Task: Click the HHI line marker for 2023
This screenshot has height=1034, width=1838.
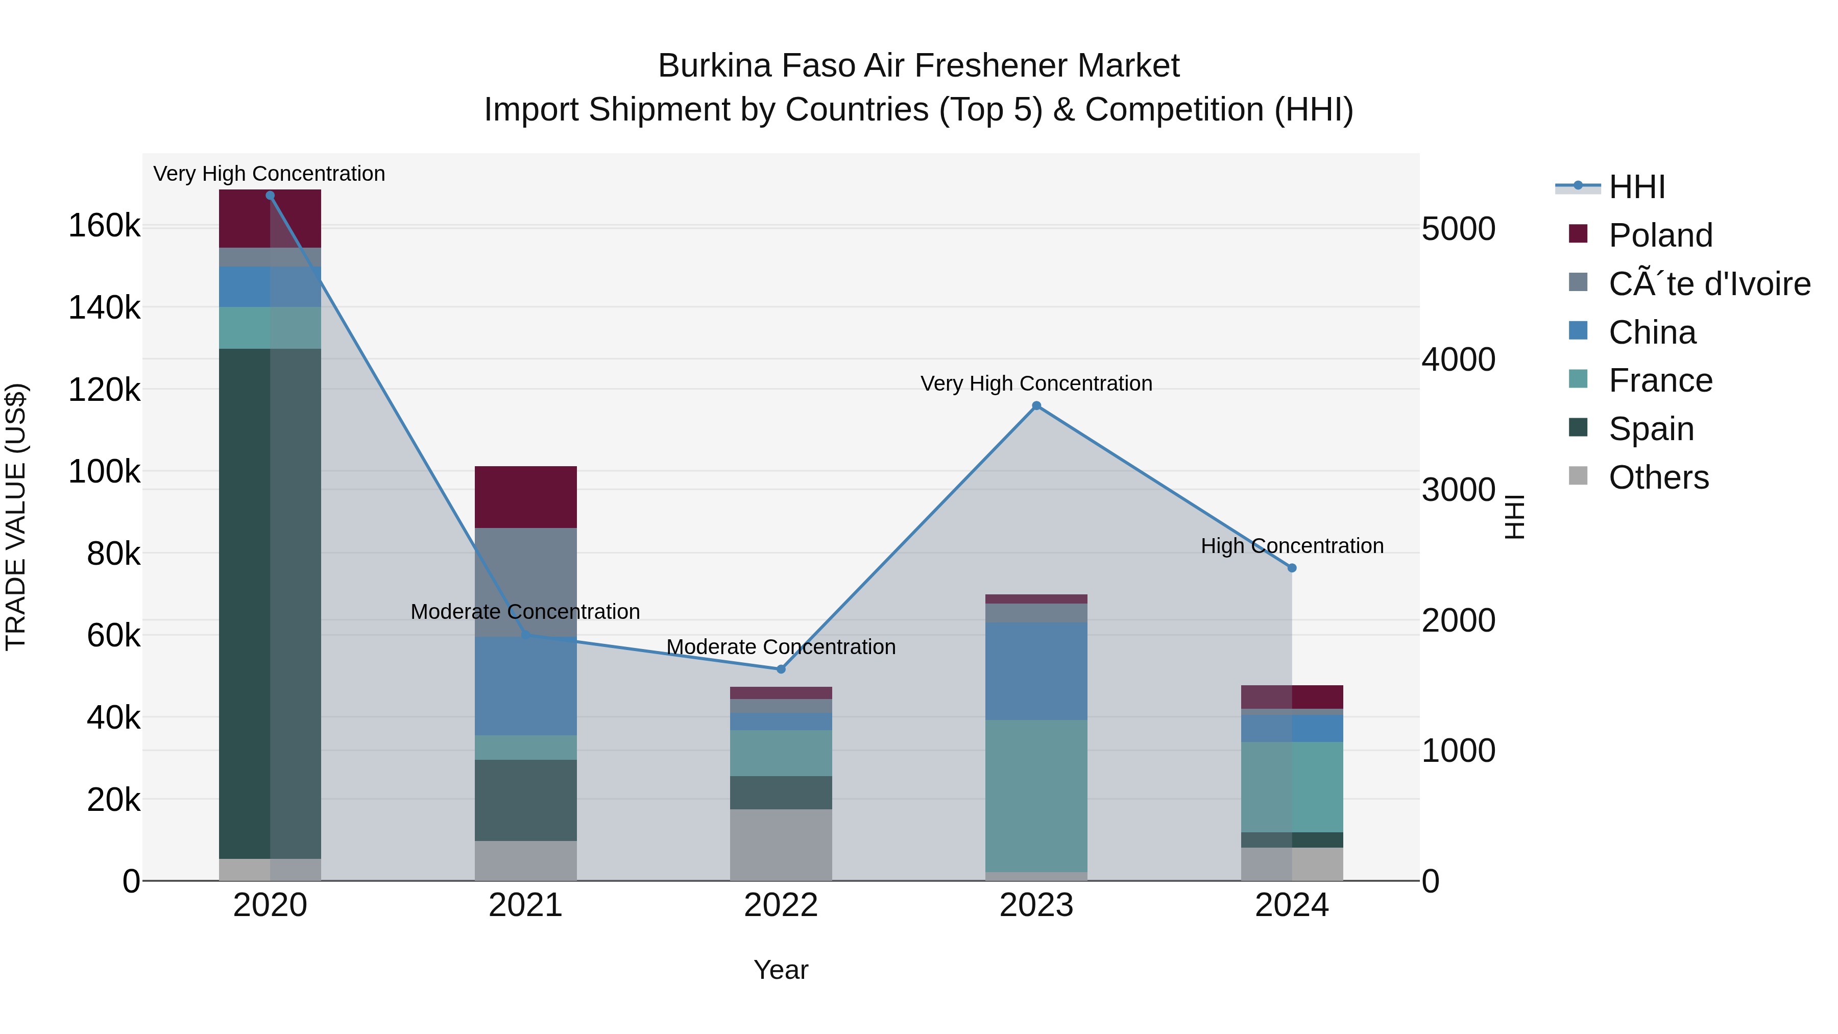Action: pos(1036,406)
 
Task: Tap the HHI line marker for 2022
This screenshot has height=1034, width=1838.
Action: pos(781,669)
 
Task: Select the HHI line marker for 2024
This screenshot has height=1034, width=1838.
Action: pos(1292,568)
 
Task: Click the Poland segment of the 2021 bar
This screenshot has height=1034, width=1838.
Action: pos(525,497)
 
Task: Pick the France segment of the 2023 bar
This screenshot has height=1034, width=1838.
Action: pos(1036,796)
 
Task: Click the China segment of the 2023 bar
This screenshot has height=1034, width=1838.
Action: pos(1036,671)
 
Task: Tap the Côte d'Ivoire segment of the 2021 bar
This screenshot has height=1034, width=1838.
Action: pos(525,582)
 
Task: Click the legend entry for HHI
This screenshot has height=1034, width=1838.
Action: pos(1637,187)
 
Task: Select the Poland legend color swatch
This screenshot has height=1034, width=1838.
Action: pos(1578,234)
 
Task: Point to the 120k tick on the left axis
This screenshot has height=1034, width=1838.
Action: pos(104,390)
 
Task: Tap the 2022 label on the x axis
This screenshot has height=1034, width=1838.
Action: pos(781,905)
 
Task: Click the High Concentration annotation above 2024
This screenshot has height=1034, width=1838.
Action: pos(1292,546)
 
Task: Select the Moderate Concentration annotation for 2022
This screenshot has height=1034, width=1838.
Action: pos(781,647)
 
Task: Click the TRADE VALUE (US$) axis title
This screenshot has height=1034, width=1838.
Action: pos(16,517)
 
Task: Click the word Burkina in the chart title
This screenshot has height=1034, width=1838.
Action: pos(714,66)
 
